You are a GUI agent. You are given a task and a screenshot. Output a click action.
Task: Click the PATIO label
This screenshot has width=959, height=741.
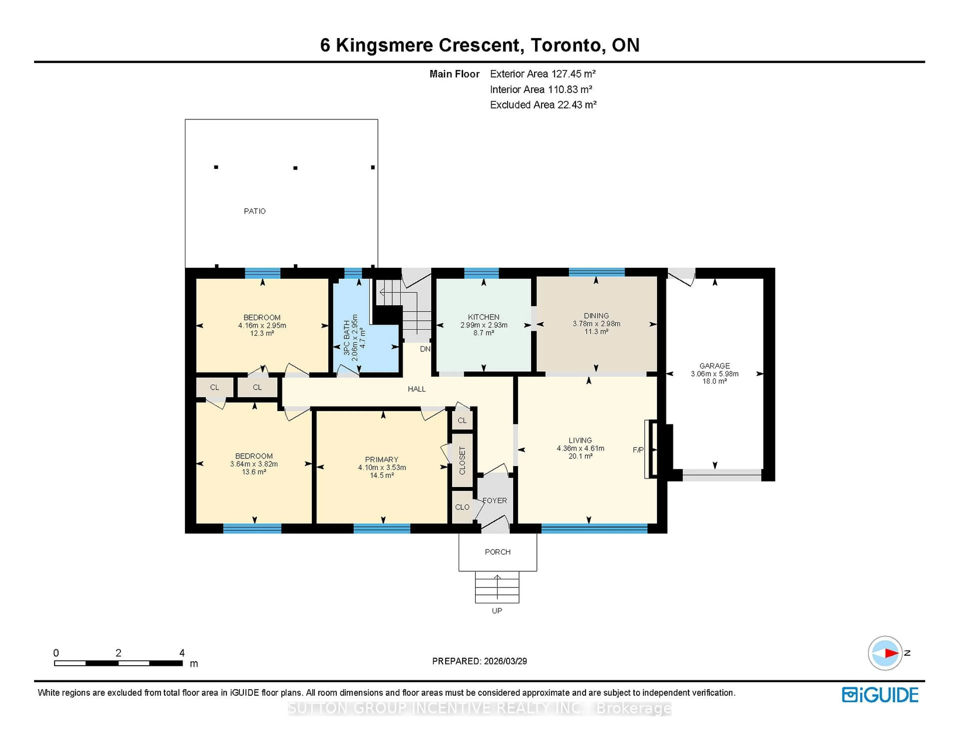click(x=255, y=211)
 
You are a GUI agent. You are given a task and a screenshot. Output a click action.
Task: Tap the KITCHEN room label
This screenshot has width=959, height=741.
click(x=483, y=317)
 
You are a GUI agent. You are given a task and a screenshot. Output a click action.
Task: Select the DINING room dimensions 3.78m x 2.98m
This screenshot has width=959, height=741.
click(x=596, y=324)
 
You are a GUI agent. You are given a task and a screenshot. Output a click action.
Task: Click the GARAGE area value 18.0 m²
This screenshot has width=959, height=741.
click(x=715, y=381)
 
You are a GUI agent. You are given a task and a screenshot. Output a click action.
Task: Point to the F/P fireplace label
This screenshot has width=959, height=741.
click(x=638, y=450)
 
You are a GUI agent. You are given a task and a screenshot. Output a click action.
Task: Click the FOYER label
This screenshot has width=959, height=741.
click(x=495, y=500)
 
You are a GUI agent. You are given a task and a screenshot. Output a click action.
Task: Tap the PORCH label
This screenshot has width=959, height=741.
click(x=497, y=552)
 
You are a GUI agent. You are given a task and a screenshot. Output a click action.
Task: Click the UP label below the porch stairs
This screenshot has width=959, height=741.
click(x=497, y=611)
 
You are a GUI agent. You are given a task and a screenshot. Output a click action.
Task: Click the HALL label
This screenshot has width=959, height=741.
click(x=416, y=389)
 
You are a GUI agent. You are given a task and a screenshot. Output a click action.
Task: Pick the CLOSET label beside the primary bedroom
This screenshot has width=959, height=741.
click(x=462, y=460)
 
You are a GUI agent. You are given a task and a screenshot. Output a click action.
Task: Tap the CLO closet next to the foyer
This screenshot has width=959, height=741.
click(x=462, y=507)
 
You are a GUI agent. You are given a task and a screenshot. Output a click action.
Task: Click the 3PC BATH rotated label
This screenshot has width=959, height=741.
click(x=347, y=338)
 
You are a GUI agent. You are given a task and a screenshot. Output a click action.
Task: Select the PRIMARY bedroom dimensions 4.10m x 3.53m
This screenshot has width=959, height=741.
click(x=382, y=468)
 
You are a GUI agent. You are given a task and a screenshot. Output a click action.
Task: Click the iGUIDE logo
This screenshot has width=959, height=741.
click(x=880, y=695)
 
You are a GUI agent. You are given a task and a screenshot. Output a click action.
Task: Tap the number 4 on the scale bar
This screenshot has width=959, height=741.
click(x=182, y=653)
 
